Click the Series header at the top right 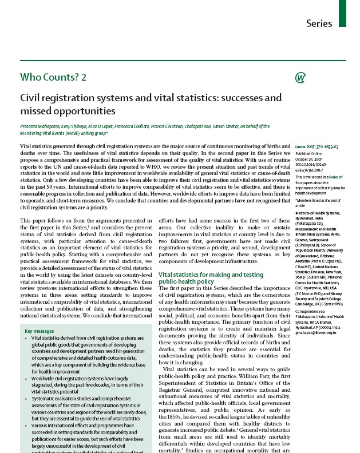click(319, 23)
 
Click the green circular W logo click(299, 78)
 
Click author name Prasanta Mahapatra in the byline click(41, 126)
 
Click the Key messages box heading click(40, 331)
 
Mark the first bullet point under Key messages click(26, 339)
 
